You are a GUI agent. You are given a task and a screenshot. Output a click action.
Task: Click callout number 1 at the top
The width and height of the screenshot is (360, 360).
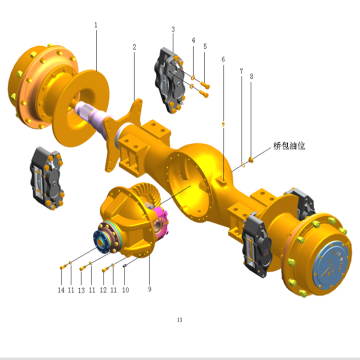point(96,24)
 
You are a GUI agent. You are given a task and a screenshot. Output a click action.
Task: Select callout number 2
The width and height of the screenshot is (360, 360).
point(134,47)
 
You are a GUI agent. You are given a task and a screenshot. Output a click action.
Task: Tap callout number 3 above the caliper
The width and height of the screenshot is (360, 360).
point(173,31)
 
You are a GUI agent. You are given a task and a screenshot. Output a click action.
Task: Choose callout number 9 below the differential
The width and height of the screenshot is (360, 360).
point(149,290)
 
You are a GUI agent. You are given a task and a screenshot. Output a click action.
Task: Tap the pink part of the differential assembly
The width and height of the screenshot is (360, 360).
point(157,218)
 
